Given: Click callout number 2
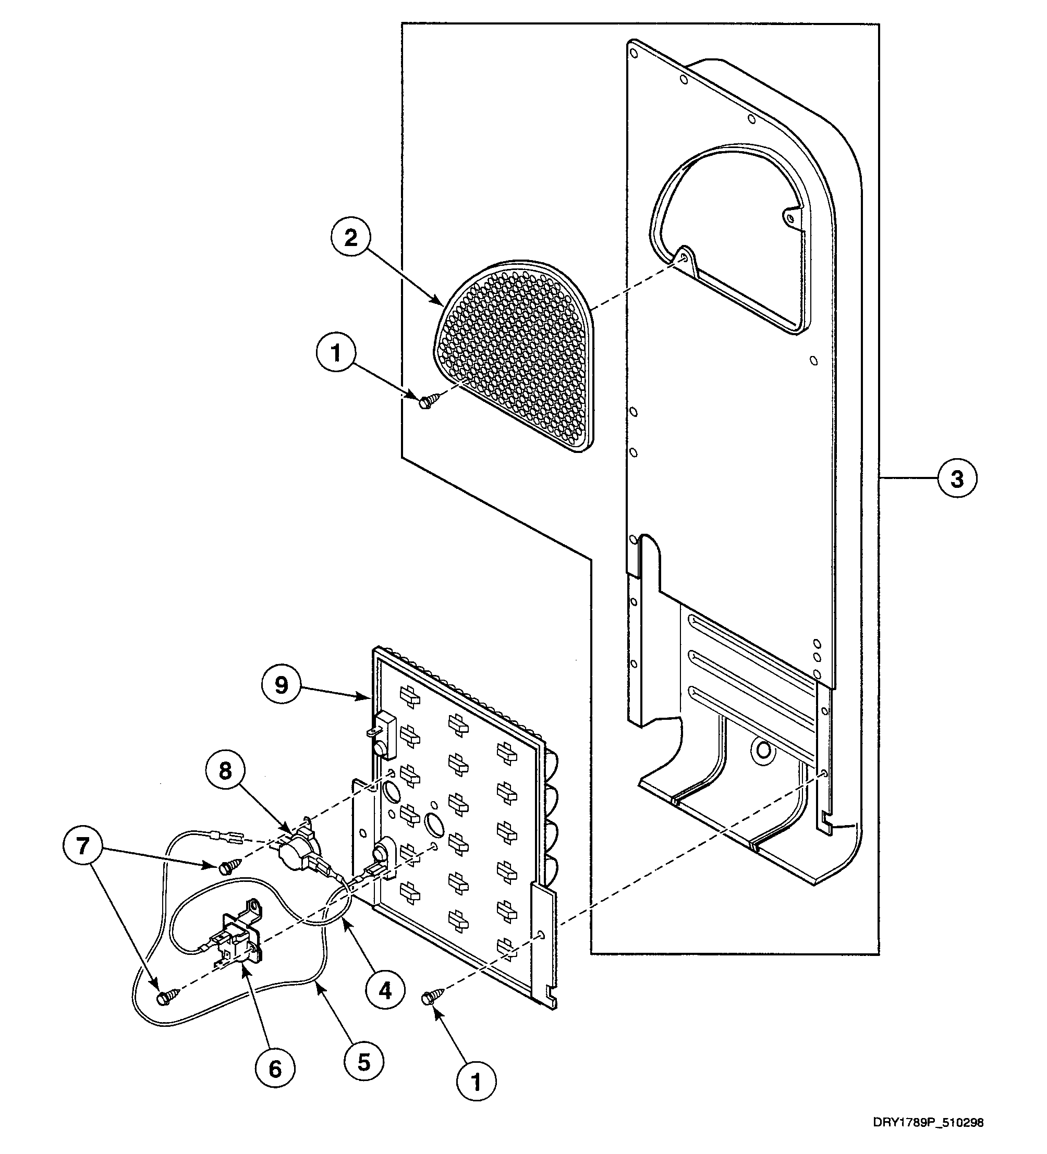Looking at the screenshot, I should click(350, 238).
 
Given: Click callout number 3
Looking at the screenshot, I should click(957, 478).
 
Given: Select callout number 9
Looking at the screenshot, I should click(281, 684).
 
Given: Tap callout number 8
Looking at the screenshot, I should click(225, 770).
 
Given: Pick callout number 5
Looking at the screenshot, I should click(364, 1062).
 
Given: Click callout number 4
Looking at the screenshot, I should click(385, 989).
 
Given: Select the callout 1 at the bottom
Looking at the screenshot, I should click(476, 1082).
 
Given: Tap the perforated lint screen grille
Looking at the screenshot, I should click(516, 355).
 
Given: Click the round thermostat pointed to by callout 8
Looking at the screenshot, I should click(293, 851).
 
